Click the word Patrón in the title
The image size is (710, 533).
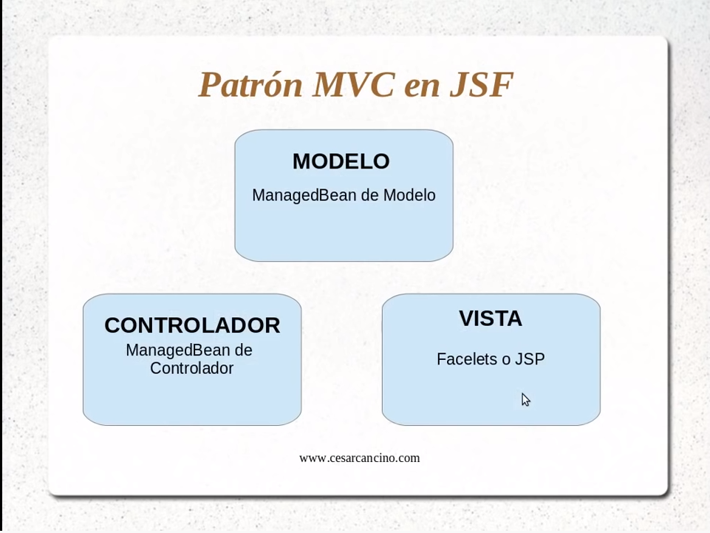tap(250, 84)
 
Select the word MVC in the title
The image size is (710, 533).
tap(354, 84)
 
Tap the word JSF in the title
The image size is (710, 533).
tap(481, 84)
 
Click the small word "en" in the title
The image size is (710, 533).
tap(422, 88)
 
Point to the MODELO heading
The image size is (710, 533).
tap(341, 161)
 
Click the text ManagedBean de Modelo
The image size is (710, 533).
tap(344, 195)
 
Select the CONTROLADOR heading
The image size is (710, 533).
tap(192, 325)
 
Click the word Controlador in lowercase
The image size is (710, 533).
tap(191, 368)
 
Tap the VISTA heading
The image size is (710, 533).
tap(491, 318)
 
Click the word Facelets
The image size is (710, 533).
tap(467, 359)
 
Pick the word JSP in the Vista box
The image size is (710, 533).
tap(530, 359)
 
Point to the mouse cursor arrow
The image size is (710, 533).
tap(525, 400)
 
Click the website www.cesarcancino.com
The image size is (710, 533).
tap(360, 458)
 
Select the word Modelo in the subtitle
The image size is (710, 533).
tap(409, 195)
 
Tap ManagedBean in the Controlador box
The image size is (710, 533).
tap(177, 350)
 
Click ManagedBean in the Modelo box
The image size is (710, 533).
tap(303, 195)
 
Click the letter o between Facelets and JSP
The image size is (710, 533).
tap(506, 361)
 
